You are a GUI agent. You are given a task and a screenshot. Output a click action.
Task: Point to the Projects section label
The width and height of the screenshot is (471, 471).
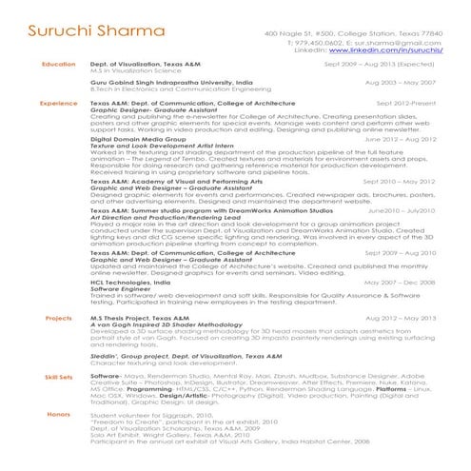tap(58, 318)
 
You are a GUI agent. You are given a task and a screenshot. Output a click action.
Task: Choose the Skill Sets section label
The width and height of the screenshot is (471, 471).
tap(58, 377)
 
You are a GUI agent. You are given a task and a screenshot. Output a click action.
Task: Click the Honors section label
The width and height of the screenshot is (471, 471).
tap(58, 414)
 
